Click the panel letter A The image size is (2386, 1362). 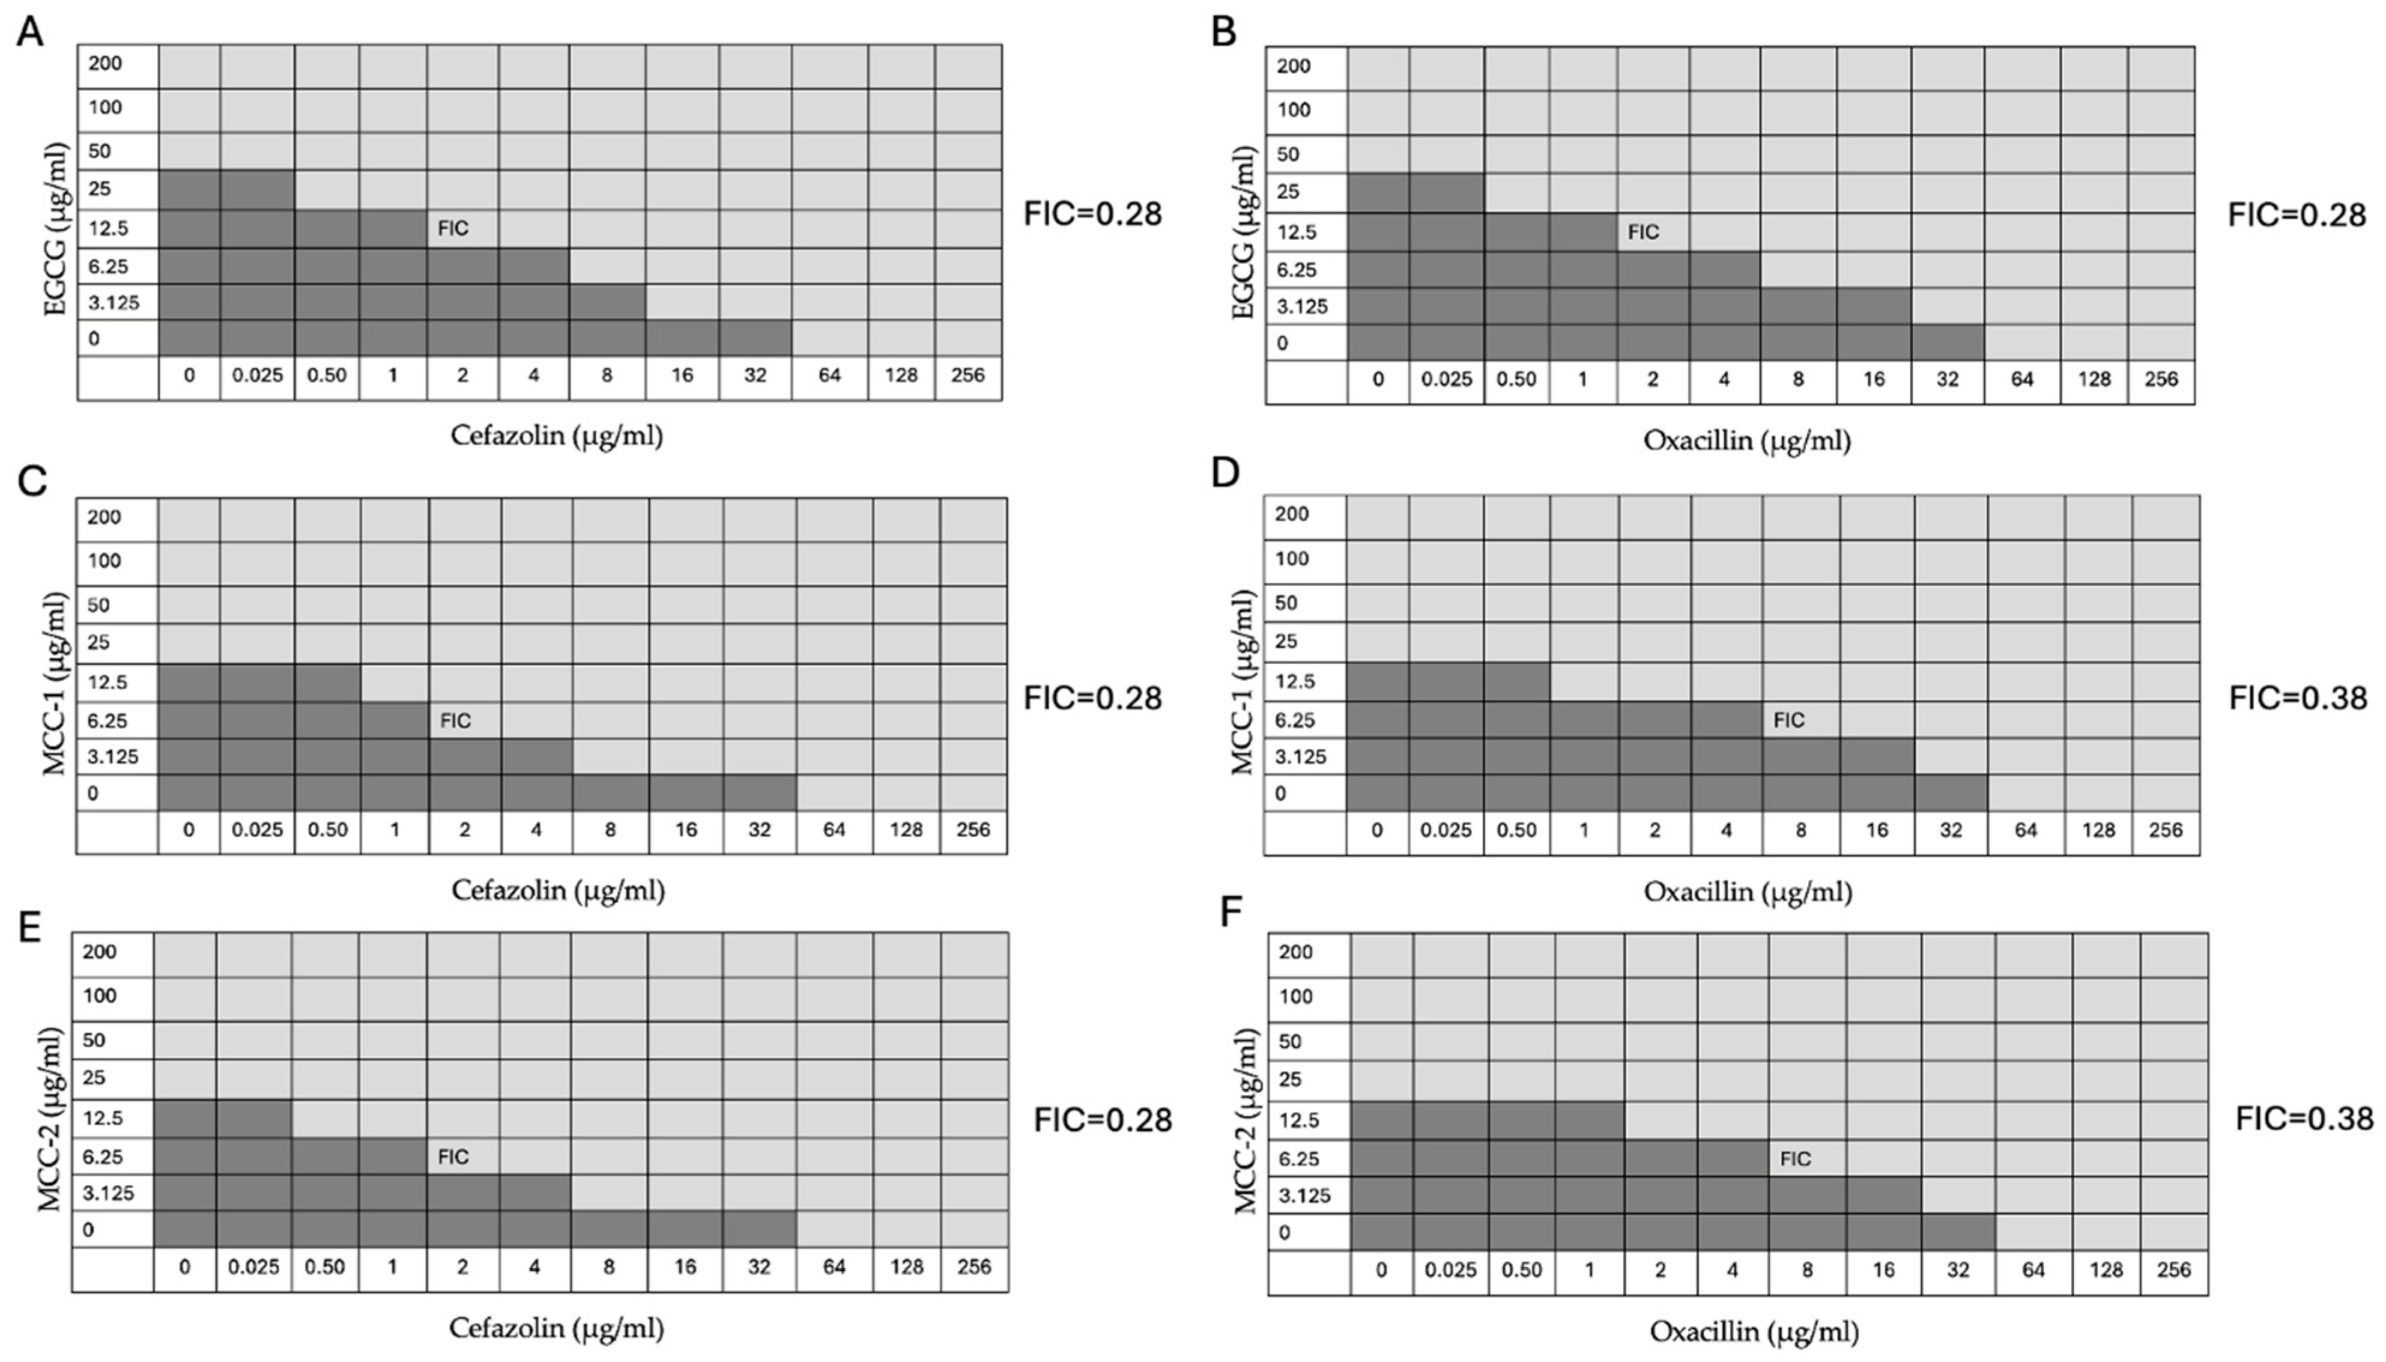pyautogui.click(x=30, y=32)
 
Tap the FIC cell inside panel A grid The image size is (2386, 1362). pyautogui.click(x=453, y=228)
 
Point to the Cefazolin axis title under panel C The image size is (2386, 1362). pyautogui.click(x=558, y=890)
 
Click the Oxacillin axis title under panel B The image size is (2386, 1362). pyautogui.click(x=1746, y=440)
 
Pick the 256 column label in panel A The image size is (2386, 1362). pyautogui.click(x=967, y=375)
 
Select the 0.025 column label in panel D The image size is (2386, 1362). pyautogui.click(x=1446, y=830)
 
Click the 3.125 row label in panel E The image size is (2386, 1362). pyautogui.click(x=109, y=1193)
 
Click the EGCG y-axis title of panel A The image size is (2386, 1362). pyautogui.click(x=56, y=228)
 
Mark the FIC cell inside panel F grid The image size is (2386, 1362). pyautogui.click(x=1795, y=1159)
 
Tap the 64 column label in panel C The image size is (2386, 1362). pyautogui.click(x=834, y=830)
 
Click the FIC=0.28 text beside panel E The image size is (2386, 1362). pyautogui.click(x=1102, y=1120)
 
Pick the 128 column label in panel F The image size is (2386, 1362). pyautogui.click(x=2106, y=1269)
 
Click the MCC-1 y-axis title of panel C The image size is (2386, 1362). pyautogui.click(x=56, y=683)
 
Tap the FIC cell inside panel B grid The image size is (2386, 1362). pyautogui.click(x=1643, y=232)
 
